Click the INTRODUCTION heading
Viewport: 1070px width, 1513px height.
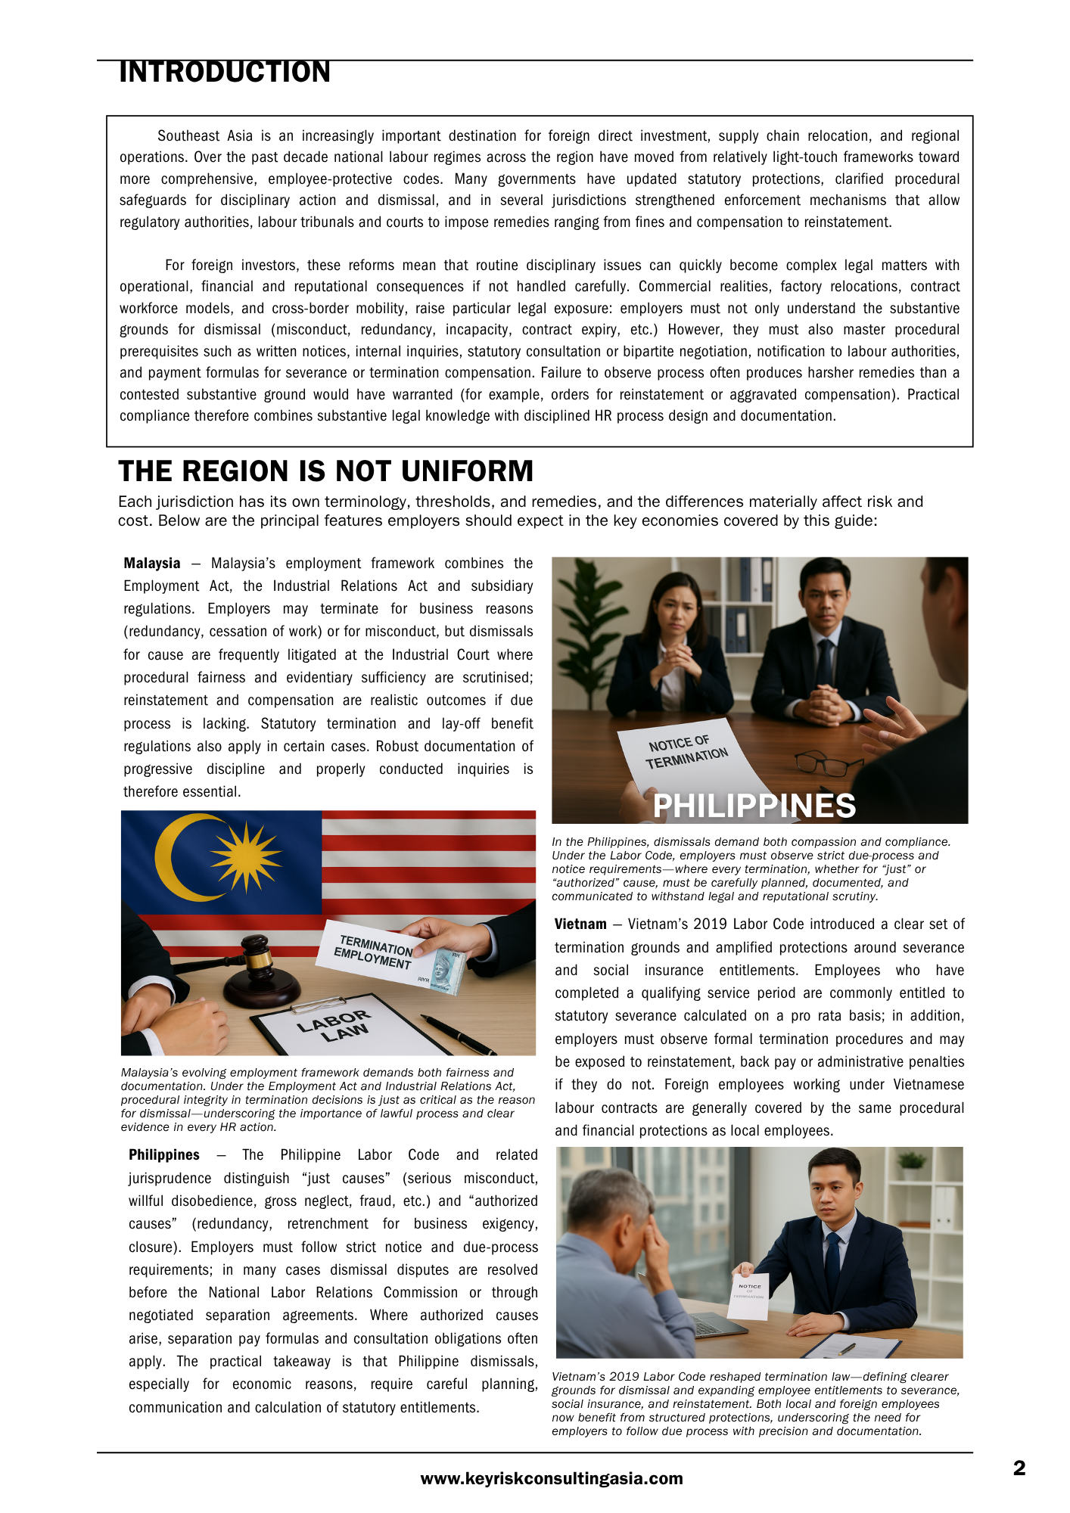pyautogui.click(x=225, y=73)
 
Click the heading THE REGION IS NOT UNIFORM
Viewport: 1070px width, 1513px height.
pyautogui.click(x=325, y=471)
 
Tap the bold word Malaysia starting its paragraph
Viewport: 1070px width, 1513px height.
pyautogui.click(x=152, y=564)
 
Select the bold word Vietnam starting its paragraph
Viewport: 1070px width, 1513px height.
pyautogui.click(x=580, y=924)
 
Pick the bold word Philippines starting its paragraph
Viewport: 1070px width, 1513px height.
pyautogui.click(x=164, y=1155)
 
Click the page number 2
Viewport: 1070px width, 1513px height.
pyautogui.click(x=1019, y=1468)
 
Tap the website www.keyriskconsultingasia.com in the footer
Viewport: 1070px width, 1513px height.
pyautogui.click(x=552, y=1479)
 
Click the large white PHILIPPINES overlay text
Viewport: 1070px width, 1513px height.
pyautogui.click(x=754, y=806)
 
